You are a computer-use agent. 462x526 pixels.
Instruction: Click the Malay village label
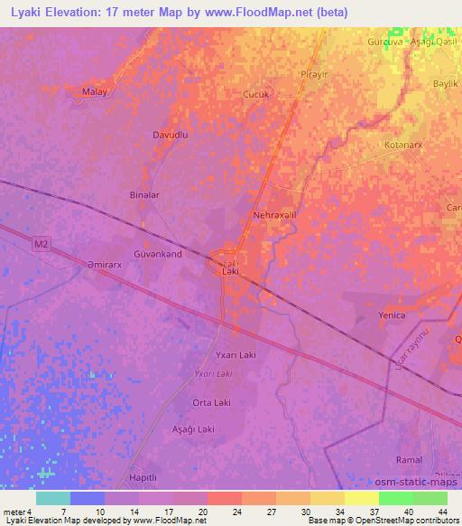pos(94,91)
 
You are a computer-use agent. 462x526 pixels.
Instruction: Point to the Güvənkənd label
pos(158,255)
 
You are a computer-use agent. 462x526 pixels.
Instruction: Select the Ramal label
pos(410,460)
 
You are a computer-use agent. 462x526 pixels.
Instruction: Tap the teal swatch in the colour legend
pos(53,498)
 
